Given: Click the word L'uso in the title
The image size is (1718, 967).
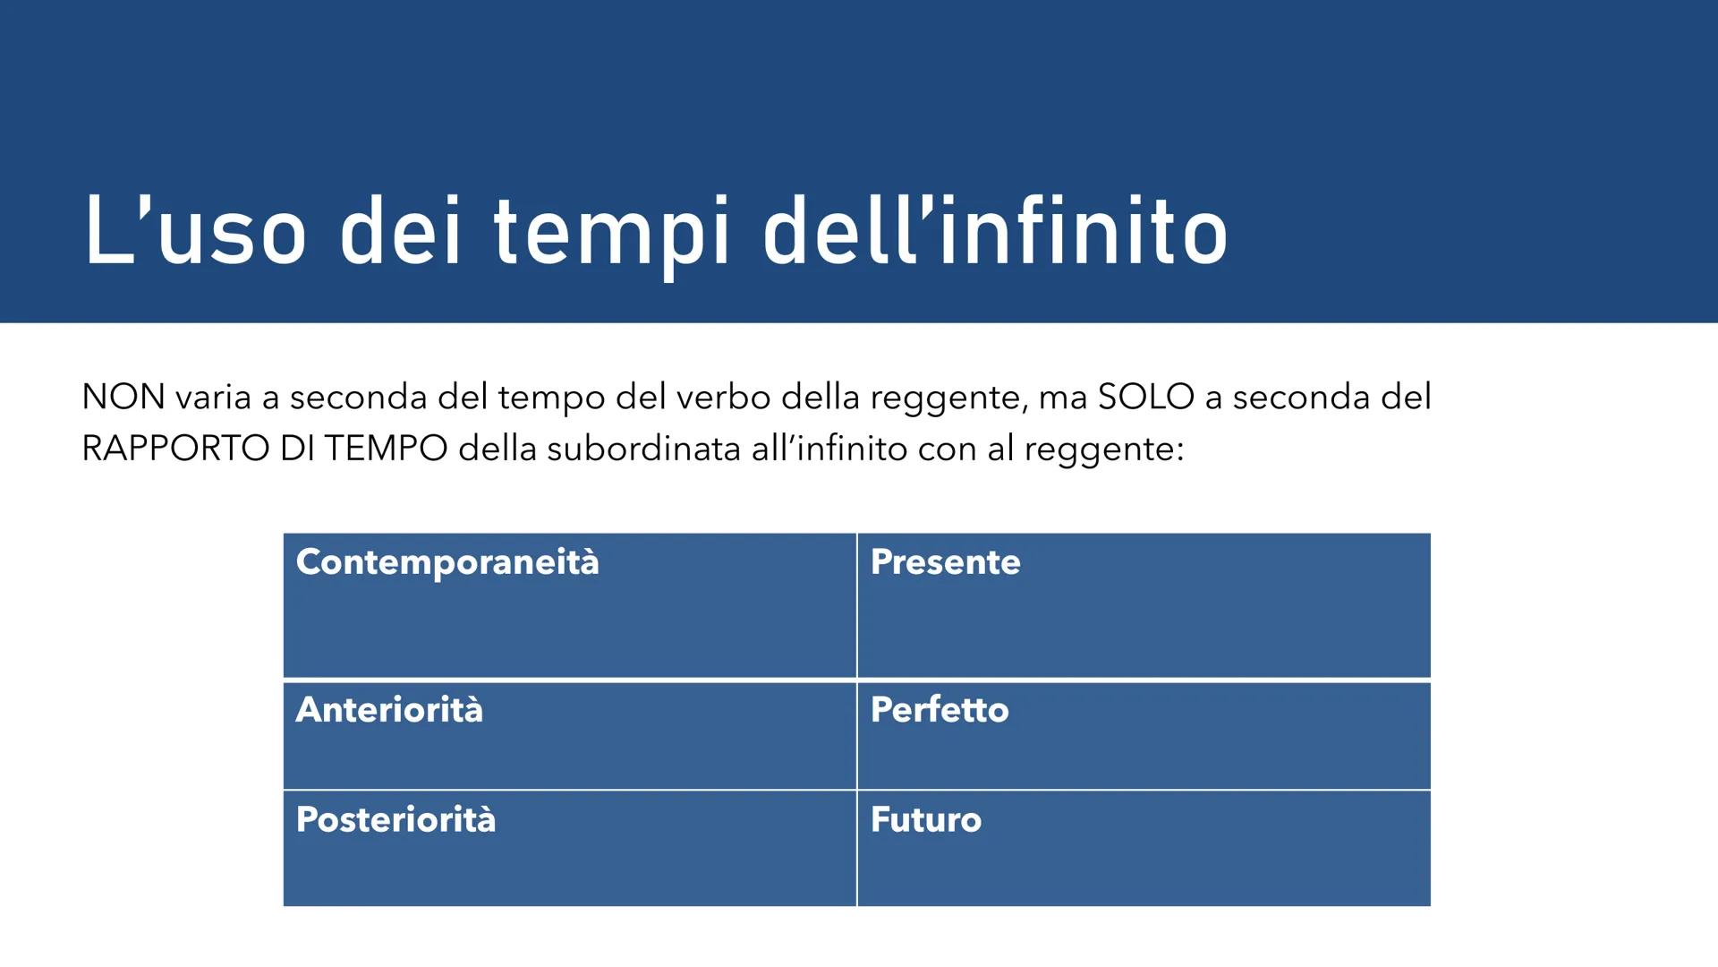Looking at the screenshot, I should pos(195,233).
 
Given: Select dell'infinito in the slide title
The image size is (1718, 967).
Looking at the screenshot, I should pos(995,233).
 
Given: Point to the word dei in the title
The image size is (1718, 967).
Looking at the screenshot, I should pos(400,233).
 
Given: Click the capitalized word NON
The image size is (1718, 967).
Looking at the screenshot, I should pos(123,397).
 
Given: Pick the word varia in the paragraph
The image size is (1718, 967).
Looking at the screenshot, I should pos(213,397).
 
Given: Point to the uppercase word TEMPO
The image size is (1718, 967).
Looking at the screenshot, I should pos(386,449).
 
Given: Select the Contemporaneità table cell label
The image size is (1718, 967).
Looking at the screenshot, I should pos(447,562).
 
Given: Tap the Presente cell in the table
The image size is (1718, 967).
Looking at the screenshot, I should pos(945,562).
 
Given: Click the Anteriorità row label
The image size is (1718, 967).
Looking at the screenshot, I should pos(389,710).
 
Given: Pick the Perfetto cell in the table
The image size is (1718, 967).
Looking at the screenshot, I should pos(940,710).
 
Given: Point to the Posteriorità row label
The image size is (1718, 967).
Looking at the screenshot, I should pos(395,820).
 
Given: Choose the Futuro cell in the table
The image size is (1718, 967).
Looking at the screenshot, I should pos(926,820).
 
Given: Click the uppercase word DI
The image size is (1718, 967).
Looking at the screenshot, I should pos(296,449).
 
